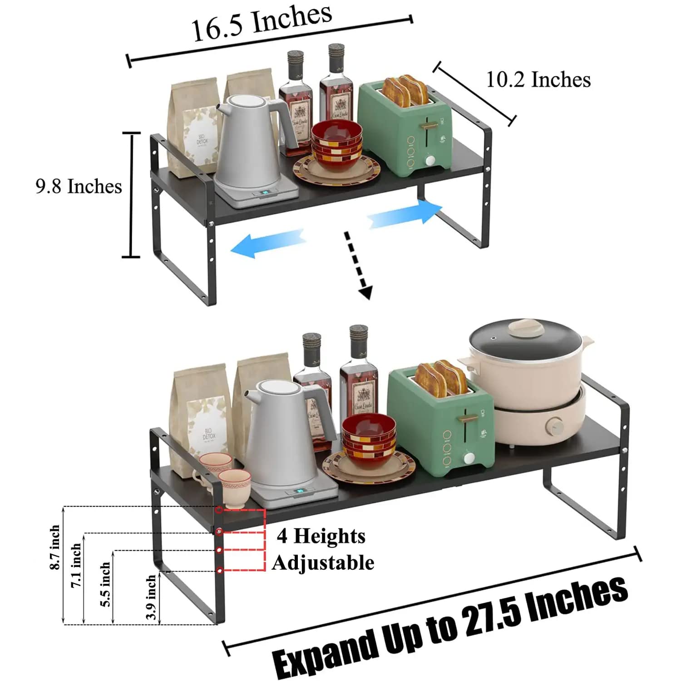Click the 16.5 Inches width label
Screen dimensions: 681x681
262,23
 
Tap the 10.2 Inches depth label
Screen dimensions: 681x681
538,80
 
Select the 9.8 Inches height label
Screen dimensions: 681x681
79,187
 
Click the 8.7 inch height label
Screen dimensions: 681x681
55,547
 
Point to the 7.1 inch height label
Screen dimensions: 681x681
76,566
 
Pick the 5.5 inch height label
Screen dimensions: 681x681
105,584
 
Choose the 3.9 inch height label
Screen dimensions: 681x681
151,597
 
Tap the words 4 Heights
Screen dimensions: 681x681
321,536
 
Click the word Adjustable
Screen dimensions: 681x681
323,563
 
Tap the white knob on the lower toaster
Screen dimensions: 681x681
469,458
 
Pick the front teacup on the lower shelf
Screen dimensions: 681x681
235,487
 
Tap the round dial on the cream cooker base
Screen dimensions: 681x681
555,426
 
